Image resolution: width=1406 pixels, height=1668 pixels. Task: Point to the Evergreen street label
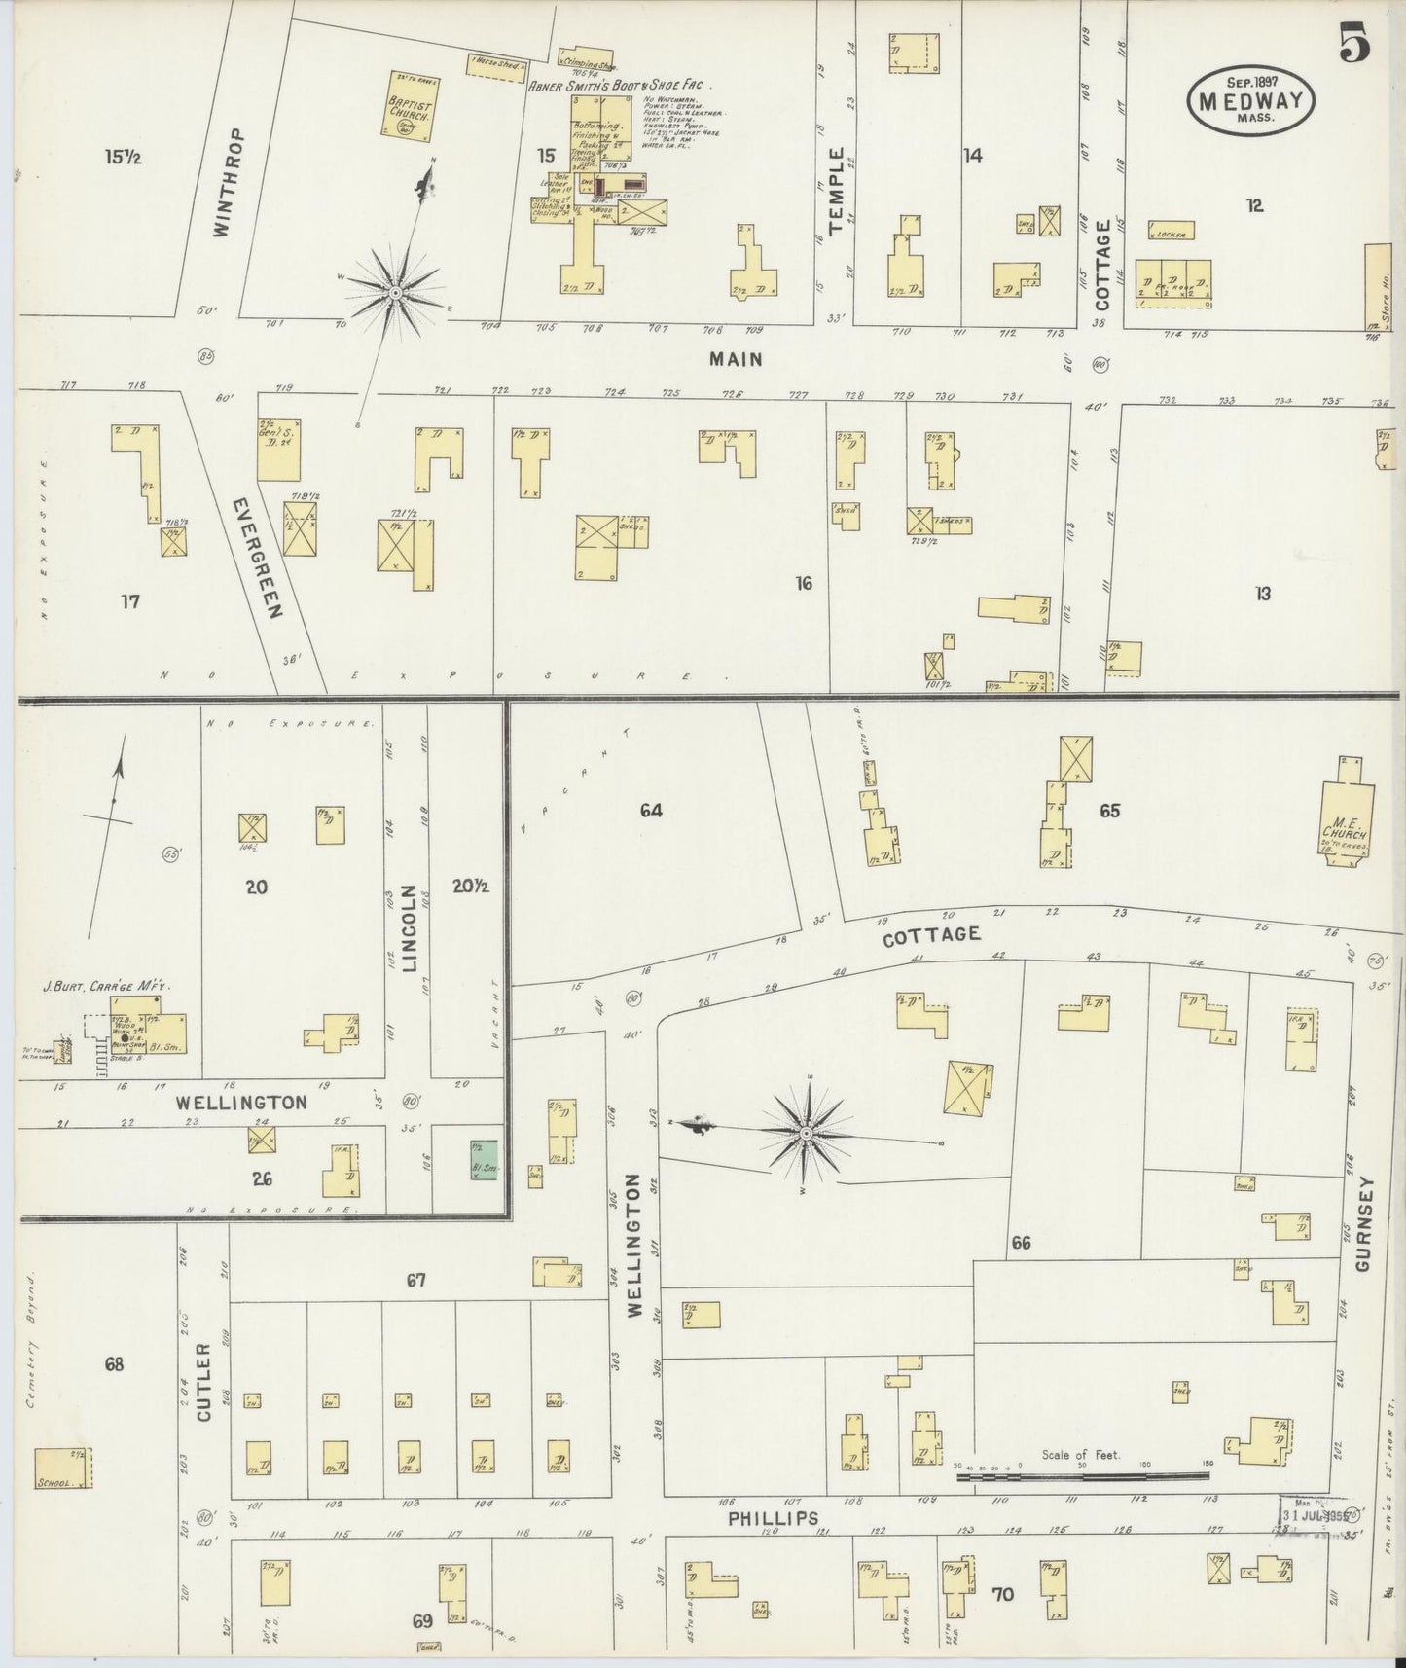tap(257, 559)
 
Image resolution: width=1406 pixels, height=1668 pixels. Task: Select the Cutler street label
tap(203, 1383)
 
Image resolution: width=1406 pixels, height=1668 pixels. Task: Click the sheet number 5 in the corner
tap(1355, 46)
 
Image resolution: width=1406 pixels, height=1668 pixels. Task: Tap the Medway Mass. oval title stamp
tap(1250, 101)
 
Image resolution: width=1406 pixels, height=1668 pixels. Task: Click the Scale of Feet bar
tap(1080, 1476)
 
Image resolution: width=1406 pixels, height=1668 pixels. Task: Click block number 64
tap(651, 810)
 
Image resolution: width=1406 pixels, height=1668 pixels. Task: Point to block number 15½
tap(125, 157)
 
